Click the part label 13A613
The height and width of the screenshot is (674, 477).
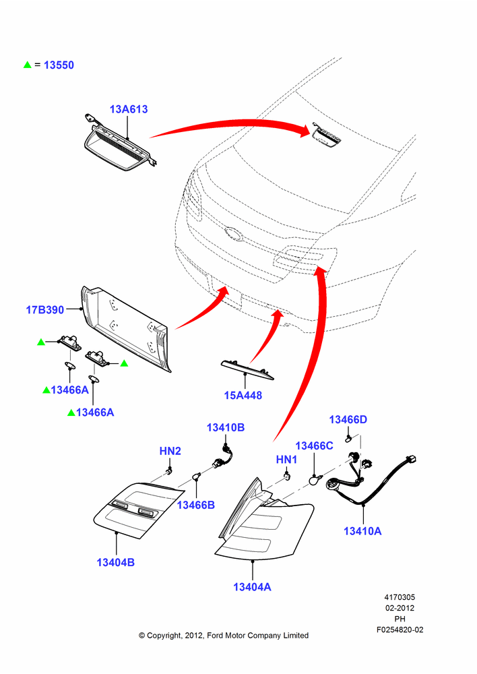point(129,109)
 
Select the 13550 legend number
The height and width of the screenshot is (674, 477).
point(59,65)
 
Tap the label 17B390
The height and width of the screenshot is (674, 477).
point(44,309)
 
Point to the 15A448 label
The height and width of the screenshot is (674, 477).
point(243,395)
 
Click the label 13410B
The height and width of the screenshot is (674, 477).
point(226,427)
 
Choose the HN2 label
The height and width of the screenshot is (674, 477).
point(170,451)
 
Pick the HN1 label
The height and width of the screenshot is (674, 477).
point(286,460)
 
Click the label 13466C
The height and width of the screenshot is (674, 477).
point(314,446)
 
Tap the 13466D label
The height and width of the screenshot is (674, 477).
point(348,419)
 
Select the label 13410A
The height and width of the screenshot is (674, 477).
point(362,531)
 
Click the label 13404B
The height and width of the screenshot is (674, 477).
point(116,562)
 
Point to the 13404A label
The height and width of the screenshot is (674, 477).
point(252,587)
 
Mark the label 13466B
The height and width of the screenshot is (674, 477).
point(196,505)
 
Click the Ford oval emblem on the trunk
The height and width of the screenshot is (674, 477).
point(233,233)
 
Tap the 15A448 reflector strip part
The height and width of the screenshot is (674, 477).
point(247,369)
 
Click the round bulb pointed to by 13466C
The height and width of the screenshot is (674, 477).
point(315,479)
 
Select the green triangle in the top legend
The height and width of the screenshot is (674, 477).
point(28,65)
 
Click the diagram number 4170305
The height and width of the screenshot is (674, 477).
point(400,597)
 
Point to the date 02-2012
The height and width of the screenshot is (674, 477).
point(400,608)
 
